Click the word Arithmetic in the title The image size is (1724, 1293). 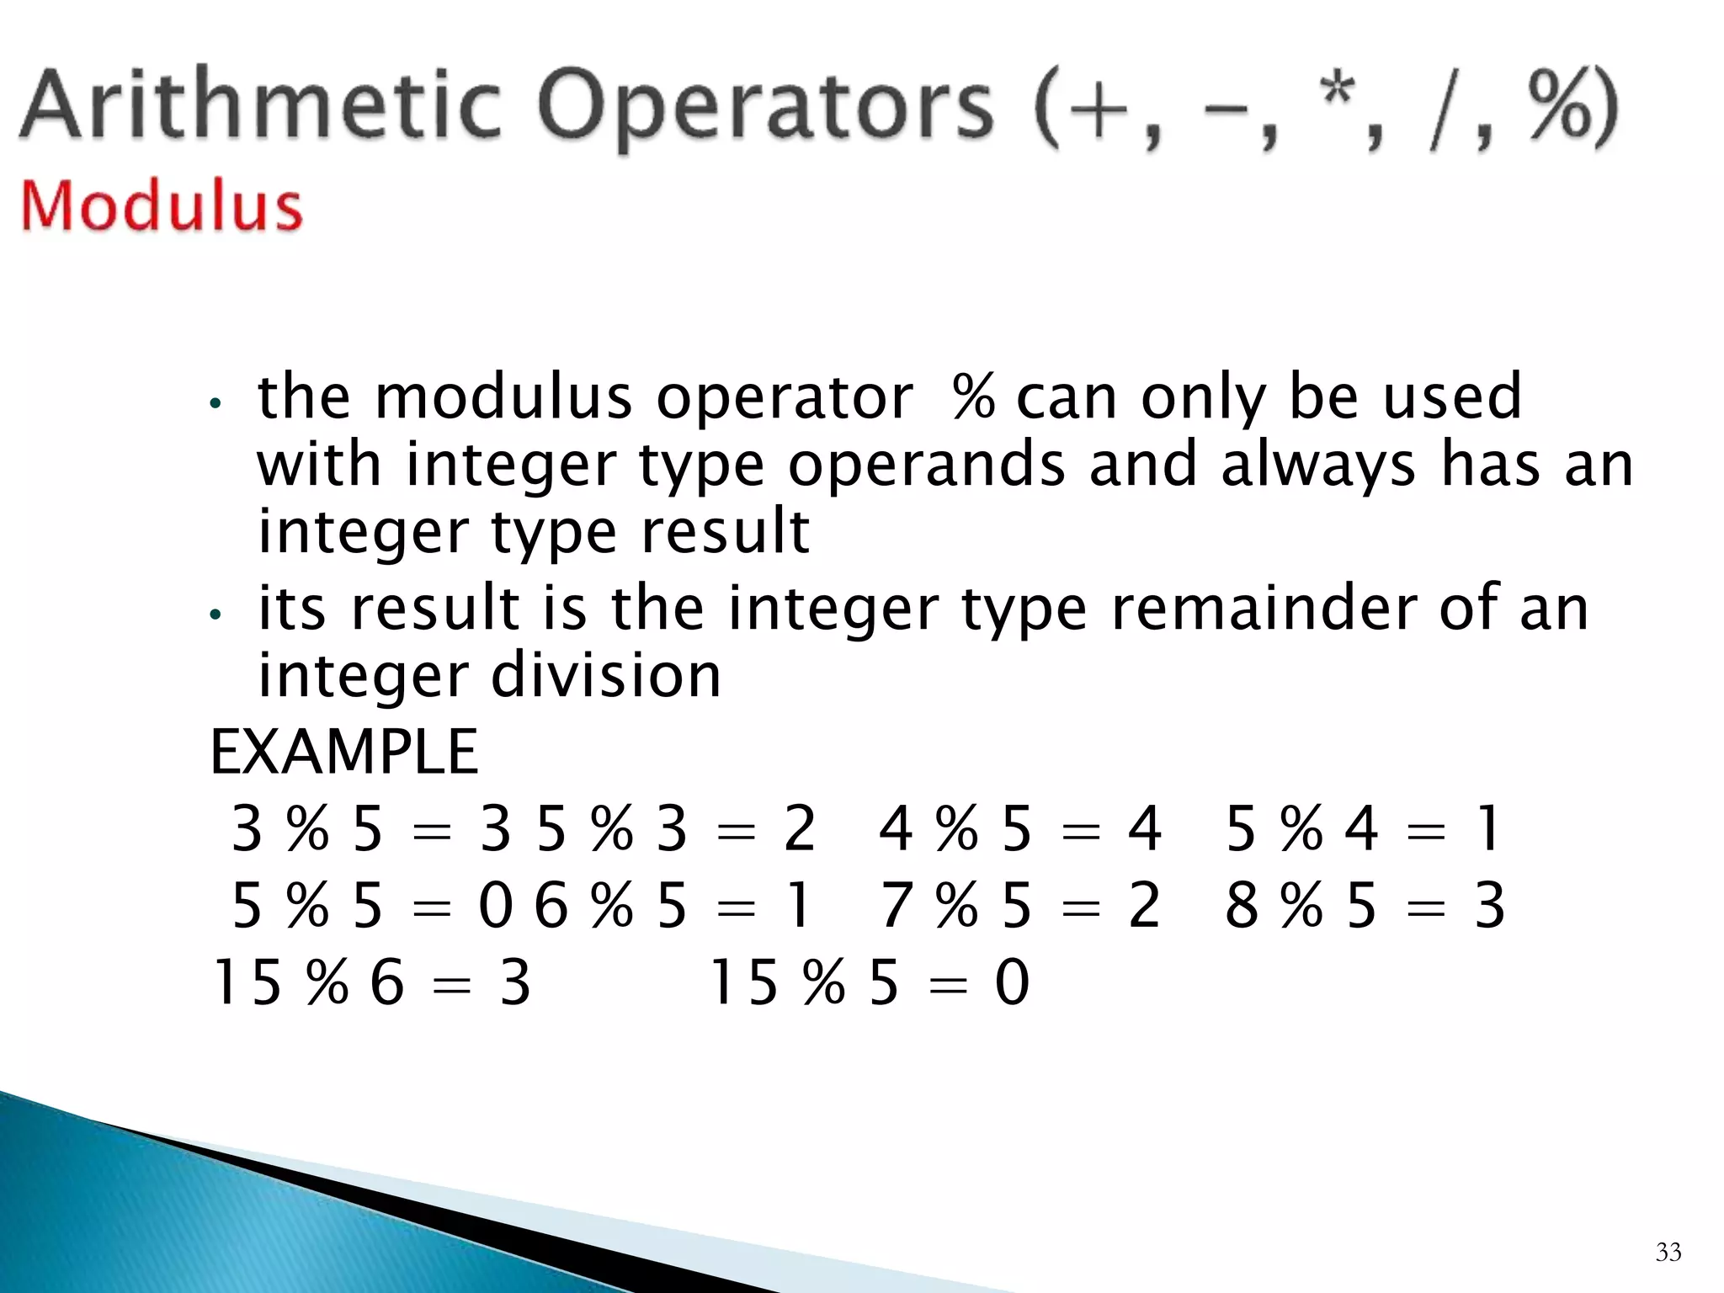click(261, 107)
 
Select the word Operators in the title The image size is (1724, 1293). click(766, 109)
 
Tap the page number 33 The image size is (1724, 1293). click(1668, 1252)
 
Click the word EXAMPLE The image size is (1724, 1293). click(343, 752)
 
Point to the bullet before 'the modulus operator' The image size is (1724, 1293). click(215, 403)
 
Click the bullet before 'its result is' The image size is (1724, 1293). click(215, 615)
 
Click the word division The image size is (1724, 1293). click(605, 676)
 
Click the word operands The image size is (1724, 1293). click(926, 466)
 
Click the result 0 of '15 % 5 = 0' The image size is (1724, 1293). click(1012, 982)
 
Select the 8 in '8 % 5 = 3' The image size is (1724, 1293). click(1242, 906)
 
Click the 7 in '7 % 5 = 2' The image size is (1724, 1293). click(897, 906)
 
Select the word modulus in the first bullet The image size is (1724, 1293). click(503, 397)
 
